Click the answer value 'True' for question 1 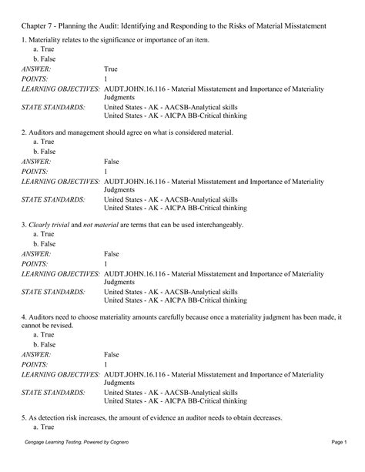coord(111,69)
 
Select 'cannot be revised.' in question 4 coord(50,326)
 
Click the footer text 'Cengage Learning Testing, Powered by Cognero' coord(79,464)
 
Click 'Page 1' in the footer coord(340,464)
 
